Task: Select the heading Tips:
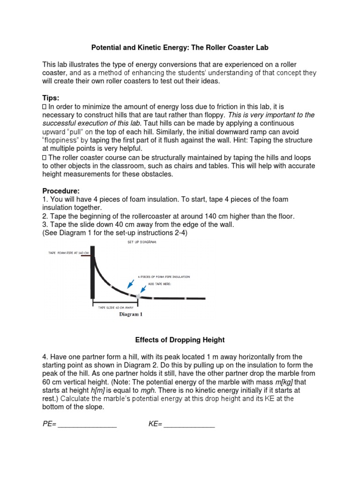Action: click(x=51, y=97)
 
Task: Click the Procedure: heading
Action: click(x=61, y=191)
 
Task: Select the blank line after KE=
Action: click(x=189, y=424)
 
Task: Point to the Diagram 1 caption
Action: click(x=130, y=315)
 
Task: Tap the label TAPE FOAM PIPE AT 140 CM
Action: click(x=68, y=253)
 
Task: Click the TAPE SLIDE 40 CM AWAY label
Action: click(x=115, y=307)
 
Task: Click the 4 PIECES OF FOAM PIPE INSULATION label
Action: click(x=164, y=277)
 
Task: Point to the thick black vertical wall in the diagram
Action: click(x=93, y=272)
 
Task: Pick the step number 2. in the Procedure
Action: click(x=45, y=216)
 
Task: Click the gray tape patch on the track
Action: click(x=138, y=295)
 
